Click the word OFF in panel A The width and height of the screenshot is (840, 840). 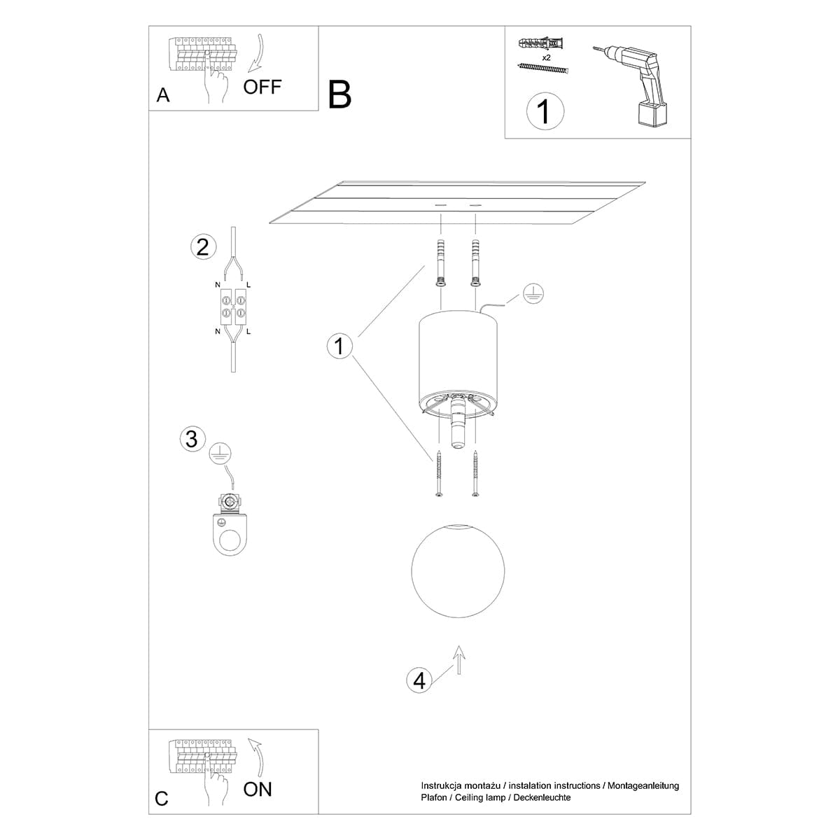262,87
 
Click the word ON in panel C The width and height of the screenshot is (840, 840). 258,789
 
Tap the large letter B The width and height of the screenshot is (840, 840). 339,94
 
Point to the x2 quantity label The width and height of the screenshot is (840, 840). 547,58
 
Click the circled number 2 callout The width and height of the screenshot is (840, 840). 202,247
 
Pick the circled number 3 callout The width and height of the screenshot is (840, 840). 192,439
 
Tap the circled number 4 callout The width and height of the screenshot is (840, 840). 419,680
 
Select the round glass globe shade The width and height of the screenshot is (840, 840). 458,568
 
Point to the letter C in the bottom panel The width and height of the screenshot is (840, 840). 162,799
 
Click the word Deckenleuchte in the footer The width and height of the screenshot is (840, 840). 540,797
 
